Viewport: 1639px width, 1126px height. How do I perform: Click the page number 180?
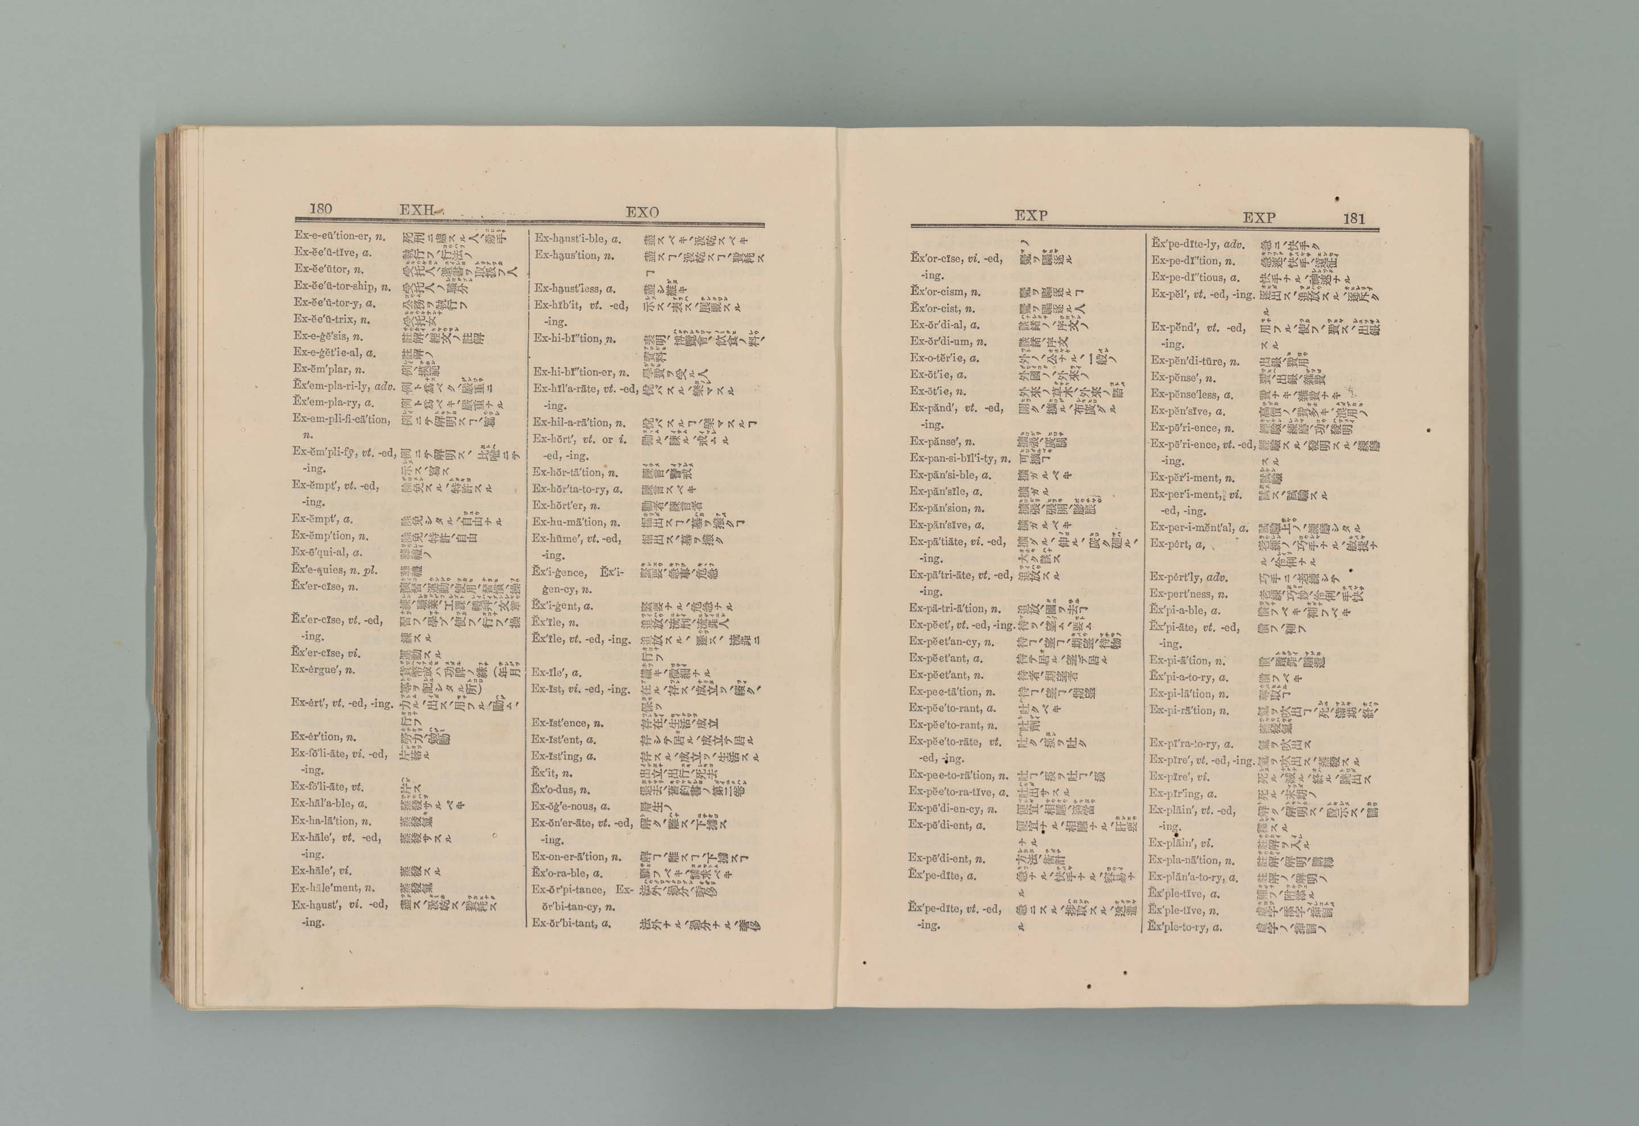click(x=320, y=209)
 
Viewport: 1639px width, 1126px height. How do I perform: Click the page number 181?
click(x=1354, y=219)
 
